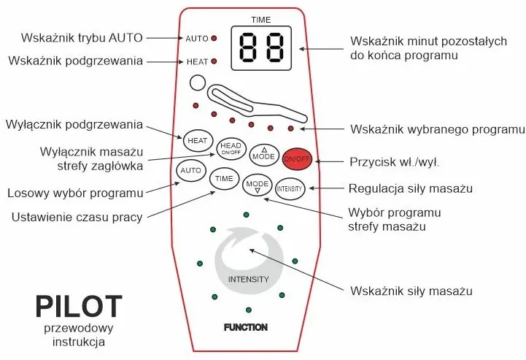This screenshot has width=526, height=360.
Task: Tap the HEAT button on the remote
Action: pos(197,139)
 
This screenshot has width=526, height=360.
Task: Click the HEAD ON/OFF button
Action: pos(230,150)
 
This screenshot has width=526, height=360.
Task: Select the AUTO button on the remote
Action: pos(190,170)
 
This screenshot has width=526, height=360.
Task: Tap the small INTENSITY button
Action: pos(289,188)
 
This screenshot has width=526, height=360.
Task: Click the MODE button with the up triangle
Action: pos(263,155)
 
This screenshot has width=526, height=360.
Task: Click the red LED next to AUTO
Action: pos(214,38)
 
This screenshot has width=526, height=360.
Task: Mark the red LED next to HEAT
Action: pos(214,61)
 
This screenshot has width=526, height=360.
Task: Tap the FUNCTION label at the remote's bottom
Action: pos(245,327)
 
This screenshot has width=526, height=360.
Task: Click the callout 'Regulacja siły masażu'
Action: pos(411,188)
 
